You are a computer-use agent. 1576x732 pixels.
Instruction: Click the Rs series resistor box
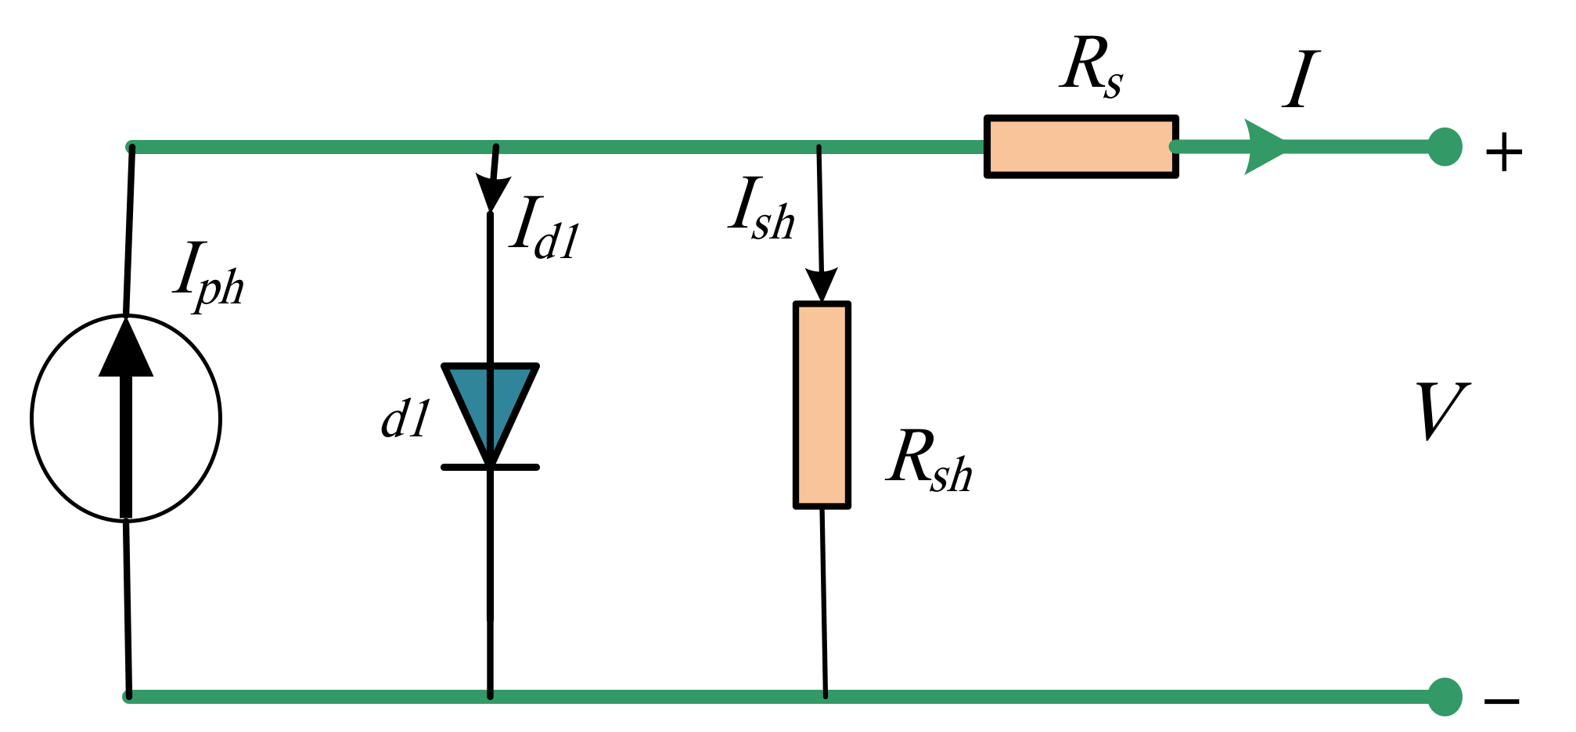(x=1081, y=147)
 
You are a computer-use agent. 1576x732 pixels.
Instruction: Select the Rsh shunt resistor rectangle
(x=822, y=405)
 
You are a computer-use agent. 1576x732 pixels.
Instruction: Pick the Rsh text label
(x=929, y=461)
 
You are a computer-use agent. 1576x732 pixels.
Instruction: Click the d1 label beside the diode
(x=405, y=419)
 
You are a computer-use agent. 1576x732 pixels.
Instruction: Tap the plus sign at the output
(x=1503, y=152)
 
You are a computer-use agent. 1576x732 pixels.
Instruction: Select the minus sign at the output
(x=1502, y=701)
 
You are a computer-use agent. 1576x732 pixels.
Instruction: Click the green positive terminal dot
(x=1445, y=147)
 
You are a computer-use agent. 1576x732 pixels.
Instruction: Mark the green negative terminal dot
(x=1445, y=696)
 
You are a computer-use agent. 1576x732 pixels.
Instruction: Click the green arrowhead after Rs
(x=1261, y=147)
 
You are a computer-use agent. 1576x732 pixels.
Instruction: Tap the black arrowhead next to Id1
(x=492, y=192)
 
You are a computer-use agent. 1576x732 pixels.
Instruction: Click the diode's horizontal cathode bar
(x=491, y=467)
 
